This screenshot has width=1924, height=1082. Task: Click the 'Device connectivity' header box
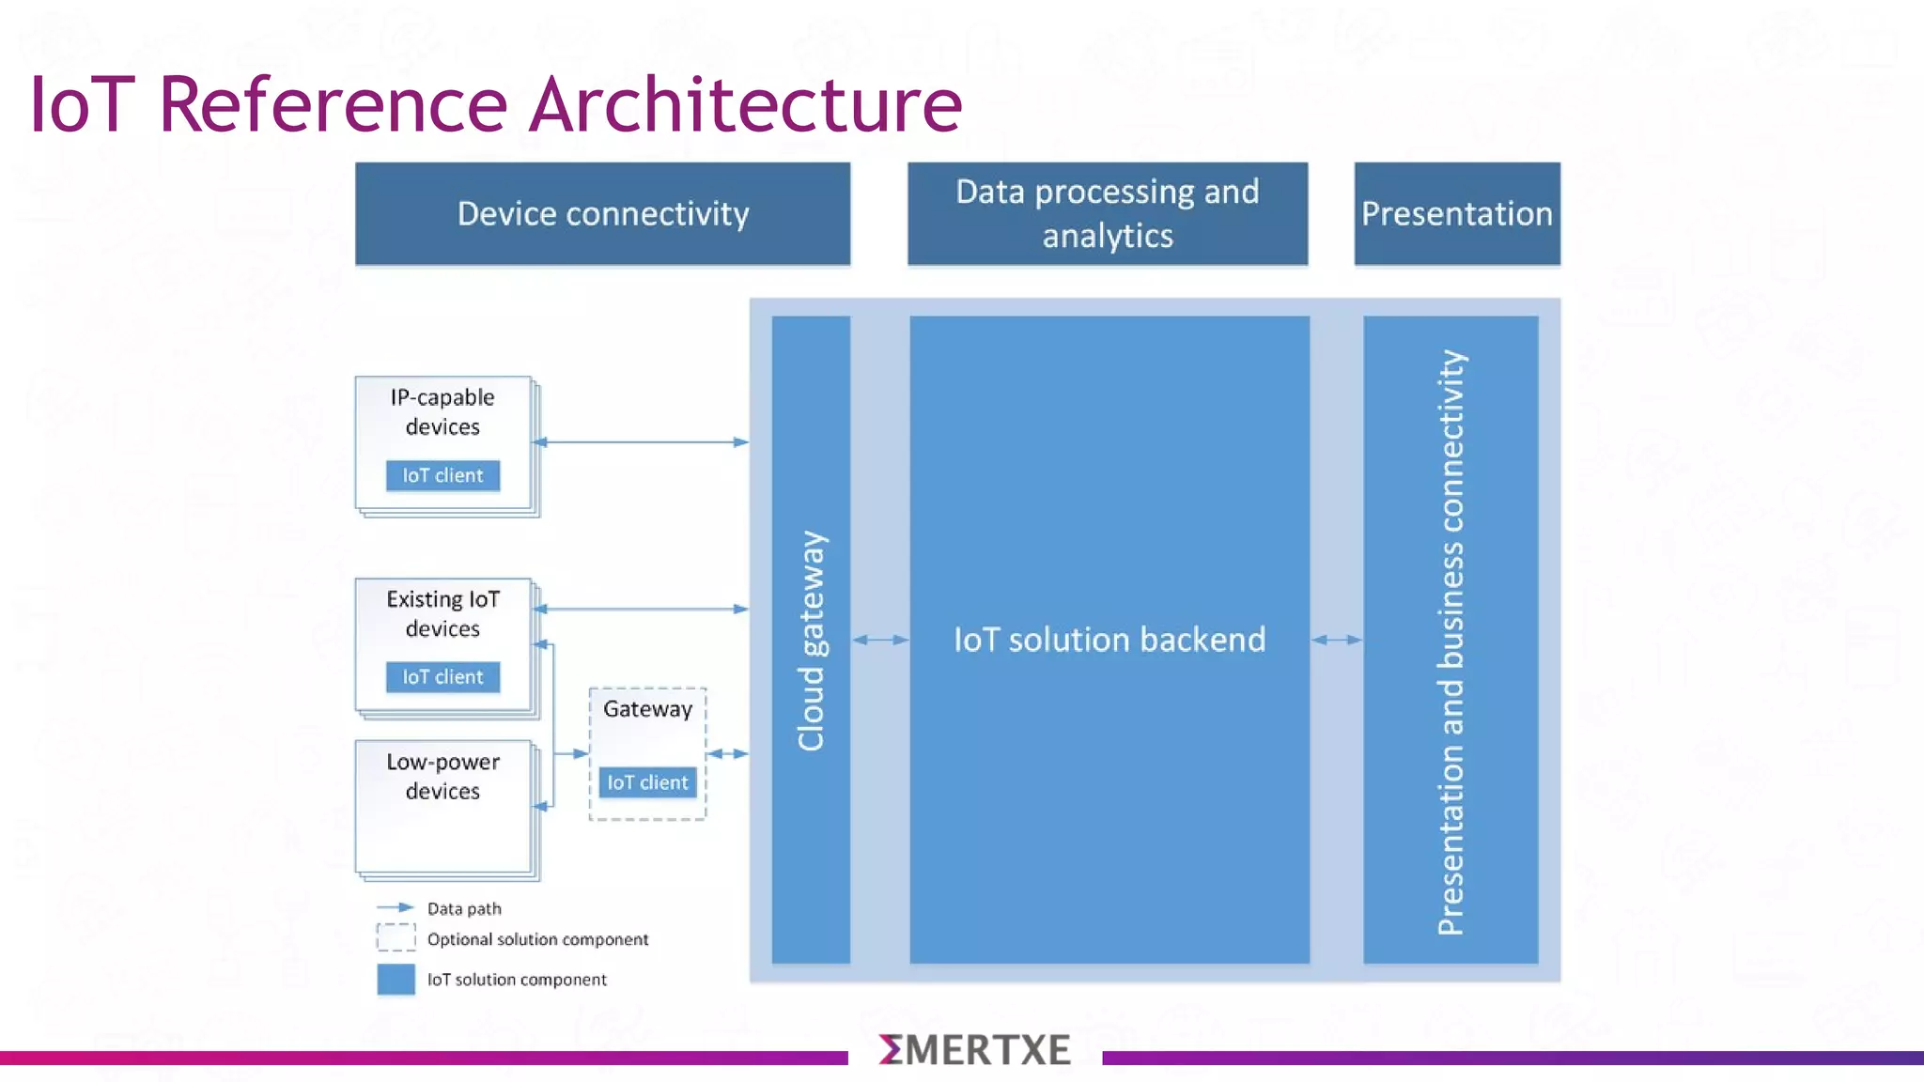tap(602, 214)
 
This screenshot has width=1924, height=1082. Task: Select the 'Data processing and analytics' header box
tap(1107, 214)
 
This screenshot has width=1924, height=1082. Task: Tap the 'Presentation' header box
tap(1456, 214)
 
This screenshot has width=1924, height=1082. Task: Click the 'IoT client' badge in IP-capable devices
tap(442, 475)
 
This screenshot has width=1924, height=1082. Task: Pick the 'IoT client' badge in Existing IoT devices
tap(442, 676)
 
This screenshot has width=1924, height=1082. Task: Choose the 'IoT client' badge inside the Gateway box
tap(647, 781)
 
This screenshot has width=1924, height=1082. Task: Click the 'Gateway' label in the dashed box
tap(647, 709)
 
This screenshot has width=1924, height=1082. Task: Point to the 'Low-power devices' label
tap(442, 777)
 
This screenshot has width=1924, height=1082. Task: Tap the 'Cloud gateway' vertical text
tap(812, 641)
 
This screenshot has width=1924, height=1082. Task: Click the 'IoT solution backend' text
tap(1109, 640)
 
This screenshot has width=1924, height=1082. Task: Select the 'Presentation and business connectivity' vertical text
tap(1451, 642)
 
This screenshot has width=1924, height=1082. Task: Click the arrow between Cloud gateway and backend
tap(880, 640)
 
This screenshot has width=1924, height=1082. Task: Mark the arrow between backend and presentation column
tap(1336, 640)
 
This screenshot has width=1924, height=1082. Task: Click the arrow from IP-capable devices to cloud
tap(641, 441)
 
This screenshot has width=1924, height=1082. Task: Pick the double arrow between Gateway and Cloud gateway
tap(727, 753)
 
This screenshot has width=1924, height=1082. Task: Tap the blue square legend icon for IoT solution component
tap(396, 979)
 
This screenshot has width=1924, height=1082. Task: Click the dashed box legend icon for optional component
tap(396, 937)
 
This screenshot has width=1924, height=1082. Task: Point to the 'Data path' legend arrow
tap(396, 907)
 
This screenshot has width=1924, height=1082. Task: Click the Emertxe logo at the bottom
tap(974, 1050)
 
